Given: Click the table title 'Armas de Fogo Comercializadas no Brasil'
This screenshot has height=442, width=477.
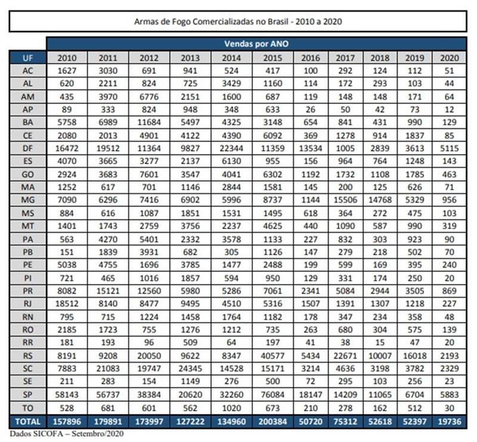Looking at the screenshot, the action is pyautogui.click(x=211, y=21).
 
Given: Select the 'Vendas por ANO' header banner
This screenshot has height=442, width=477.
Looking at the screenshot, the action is pyautogui.click(x=256, y=44).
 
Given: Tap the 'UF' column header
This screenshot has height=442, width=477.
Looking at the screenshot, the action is pyautogui.click(x=27, y=57).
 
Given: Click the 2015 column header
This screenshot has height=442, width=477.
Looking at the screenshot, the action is pyautogui.click(x=272, y=58).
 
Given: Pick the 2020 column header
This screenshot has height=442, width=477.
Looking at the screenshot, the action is pyautogui.click(x=450, y=58).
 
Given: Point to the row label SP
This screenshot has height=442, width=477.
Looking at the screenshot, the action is pyautogui.click(x=27, y=395).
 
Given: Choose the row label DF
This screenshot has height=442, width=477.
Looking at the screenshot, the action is pyautogui.click(x=27, y=149).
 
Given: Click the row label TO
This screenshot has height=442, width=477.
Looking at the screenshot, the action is pyautogui.click(x=27, y=408).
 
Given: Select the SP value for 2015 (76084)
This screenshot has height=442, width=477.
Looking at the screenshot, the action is pyautogui.click(x=272, y=395).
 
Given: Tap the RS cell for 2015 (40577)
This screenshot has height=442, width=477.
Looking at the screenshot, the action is pyautogui.click(x=272, y=356).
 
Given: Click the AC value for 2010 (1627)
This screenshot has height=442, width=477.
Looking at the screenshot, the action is pyautogui.click(x=67, y=70).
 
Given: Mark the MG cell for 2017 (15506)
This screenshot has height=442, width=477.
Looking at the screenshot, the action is pyautogui.click(x=345, y=200).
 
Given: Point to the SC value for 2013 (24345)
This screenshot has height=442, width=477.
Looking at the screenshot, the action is pyautogui.click(x=190, y=369).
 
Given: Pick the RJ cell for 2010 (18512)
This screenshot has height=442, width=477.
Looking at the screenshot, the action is pyautogui.click(x=67, y=304).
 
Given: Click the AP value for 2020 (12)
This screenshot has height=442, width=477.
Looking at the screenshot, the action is pyautogui.click(x=450, y=110).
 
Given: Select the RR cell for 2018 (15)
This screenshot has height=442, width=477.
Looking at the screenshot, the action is pyautogui.click(x=380, y=343).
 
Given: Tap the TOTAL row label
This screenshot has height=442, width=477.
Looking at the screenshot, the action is pyautogui.click(x=27, y=422).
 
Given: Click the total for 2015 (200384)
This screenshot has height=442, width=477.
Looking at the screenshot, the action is pyautogui.click(x=272, y=422).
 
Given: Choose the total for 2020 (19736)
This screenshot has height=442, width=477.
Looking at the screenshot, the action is pyautogui.click(x=450, y=422).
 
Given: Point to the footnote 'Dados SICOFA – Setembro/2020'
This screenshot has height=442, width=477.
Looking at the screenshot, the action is pyautogui.click(x=67, y=434).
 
